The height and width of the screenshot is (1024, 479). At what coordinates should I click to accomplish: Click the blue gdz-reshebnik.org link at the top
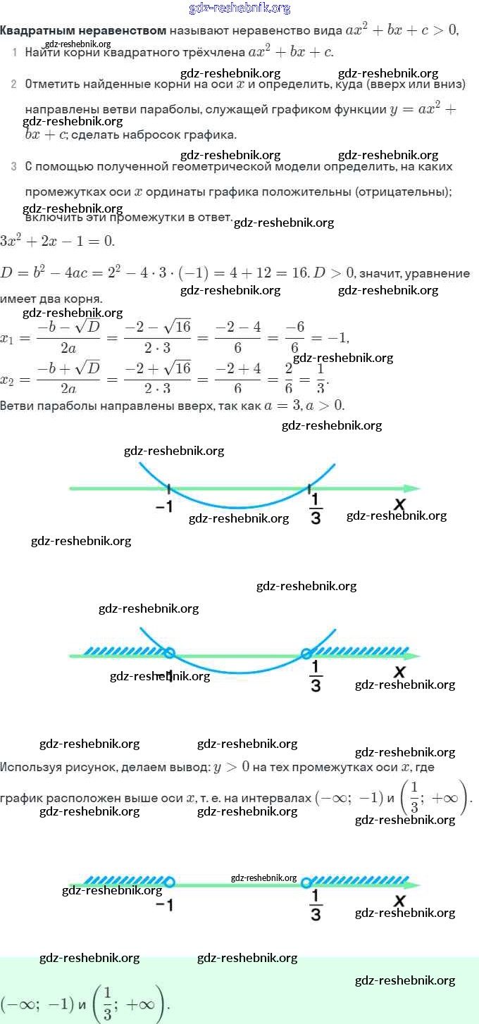[x=240, y=8]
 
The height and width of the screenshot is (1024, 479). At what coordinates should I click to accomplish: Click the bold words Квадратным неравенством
[x=83, y=30]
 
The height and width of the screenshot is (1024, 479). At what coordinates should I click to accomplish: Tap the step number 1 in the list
[x=15, y=53]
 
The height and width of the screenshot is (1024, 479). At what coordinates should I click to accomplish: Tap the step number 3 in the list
[x=13, y=167]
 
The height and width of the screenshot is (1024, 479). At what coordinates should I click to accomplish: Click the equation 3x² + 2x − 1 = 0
[x=57, y=240]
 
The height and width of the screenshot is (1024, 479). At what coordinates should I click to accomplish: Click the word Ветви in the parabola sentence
[x=17, y=406]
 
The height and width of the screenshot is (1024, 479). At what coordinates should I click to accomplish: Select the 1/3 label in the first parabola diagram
[x=316, y=508]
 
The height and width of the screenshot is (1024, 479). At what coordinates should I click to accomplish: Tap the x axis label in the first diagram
[x=399, y=504]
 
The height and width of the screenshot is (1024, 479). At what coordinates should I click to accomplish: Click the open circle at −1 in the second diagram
[x=169, y=653]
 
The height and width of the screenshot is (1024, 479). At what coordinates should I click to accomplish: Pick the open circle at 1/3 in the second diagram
[x=306, y=654]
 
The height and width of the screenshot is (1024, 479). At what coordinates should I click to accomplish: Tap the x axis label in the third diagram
[x=399, y=901]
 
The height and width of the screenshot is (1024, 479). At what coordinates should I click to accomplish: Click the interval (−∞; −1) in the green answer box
[x=37, y=1003]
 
